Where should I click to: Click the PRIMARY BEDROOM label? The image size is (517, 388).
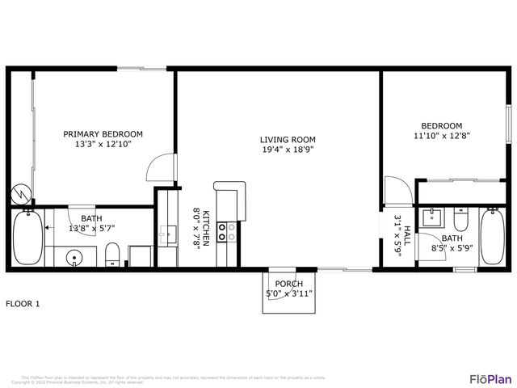(103, 134)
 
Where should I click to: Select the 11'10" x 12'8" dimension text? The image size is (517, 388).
(441, 137)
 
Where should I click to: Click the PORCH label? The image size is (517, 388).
(288, 284)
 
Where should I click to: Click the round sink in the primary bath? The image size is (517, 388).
(74, 259)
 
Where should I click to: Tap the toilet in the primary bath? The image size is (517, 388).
(113, 255)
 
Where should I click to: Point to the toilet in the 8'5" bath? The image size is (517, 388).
(460, 219)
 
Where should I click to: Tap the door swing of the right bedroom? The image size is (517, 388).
(396, 191)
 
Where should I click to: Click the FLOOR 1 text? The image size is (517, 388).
(23, 304)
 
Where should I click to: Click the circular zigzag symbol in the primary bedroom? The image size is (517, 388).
(19, 196)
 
